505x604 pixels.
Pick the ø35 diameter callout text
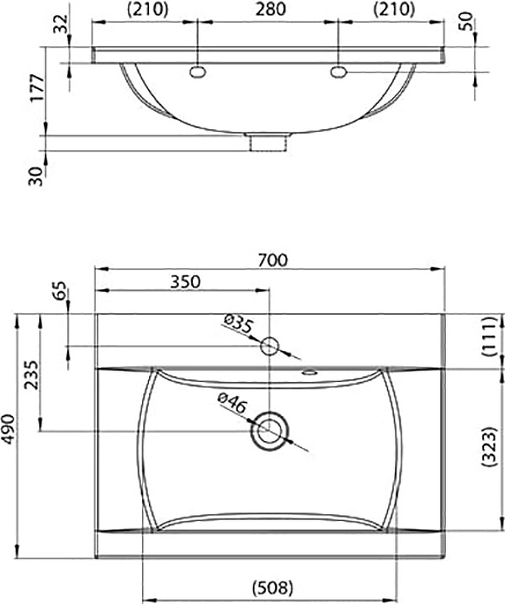(x=238, y=326)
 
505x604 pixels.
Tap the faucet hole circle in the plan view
(x=269, y=347)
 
